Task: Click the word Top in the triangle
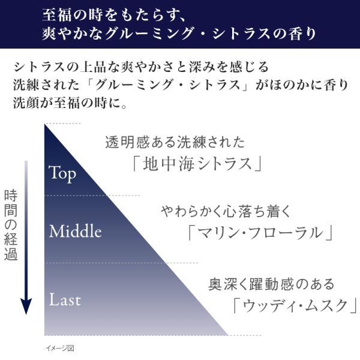click(x=62, y=173)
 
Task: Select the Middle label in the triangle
click(x=76, y=231)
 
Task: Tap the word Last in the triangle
click(x=65, y=299)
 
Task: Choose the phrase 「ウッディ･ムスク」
click(x=295, y=305)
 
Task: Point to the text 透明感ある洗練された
click(x=175, y=143)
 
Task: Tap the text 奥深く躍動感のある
click(x=272, y=284)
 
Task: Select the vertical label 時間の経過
click(x=11, y=224)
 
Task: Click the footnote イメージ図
click(x=62, y=348)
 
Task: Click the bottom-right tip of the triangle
click(x=229, y=334)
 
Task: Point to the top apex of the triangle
click(x=46, y=125)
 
